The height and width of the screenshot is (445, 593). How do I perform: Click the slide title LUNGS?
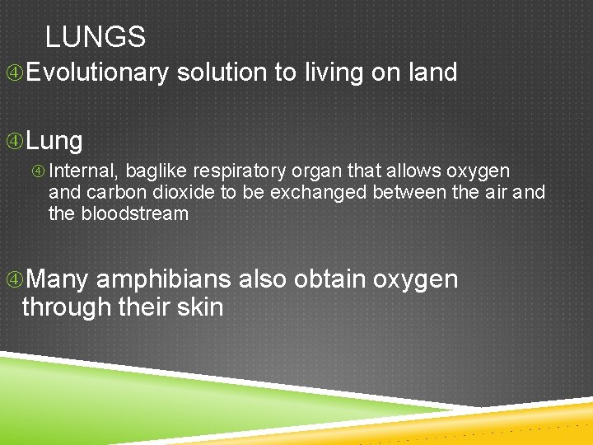tap(96, 37)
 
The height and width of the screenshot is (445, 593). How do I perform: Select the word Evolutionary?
tap(97, 73)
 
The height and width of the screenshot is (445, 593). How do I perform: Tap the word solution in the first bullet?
tap(222, 73)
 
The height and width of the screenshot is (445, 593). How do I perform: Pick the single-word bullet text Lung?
tap(54, 141)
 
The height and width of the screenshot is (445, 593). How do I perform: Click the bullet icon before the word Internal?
tap(39, 172)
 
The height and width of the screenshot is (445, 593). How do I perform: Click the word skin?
tap(202, 307)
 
